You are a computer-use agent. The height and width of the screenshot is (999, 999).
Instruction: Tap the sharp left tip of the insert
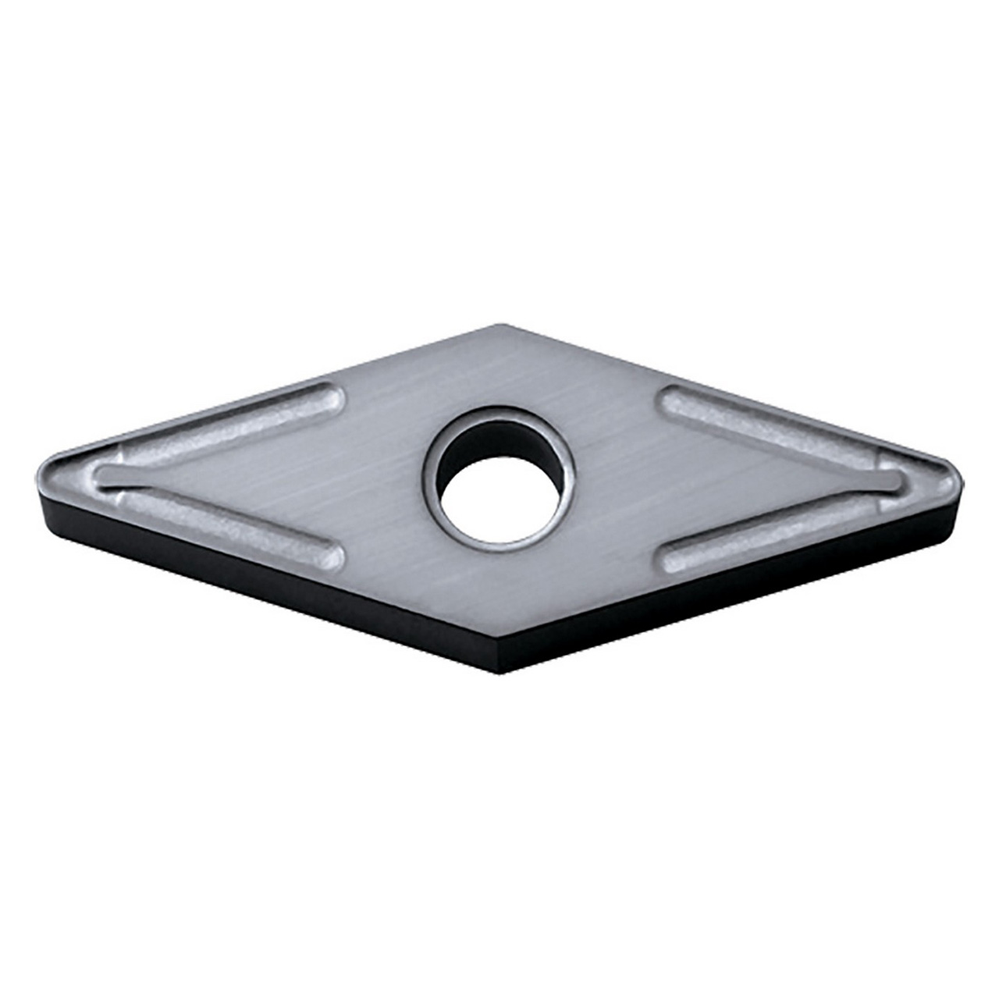click(41, 475)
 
